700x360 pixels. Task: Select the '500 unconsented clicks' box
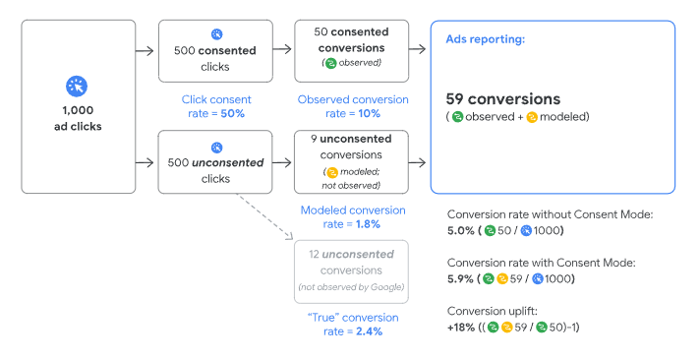[x=216, y=163]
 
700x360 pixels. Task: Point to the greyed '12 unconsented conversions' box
[x=350, y=270]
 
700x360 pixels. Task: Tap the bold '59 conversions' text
[x=502, y=98]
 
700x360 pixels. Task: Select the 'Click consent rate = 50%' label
[x=216, y=106]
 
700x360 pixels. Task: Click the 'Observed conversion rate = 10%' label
[x=351, y=106]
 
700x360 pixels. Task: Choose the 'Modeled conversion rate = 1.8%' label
[x=351, y=216]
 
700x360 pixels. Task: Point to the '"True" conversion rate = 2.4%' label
[x=351, y=325]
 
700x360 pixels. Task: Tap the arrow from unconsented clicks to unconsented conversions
[x=279, y=163]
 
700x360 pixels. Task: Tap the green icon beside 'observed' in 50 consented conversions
[x=331, y=62]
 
